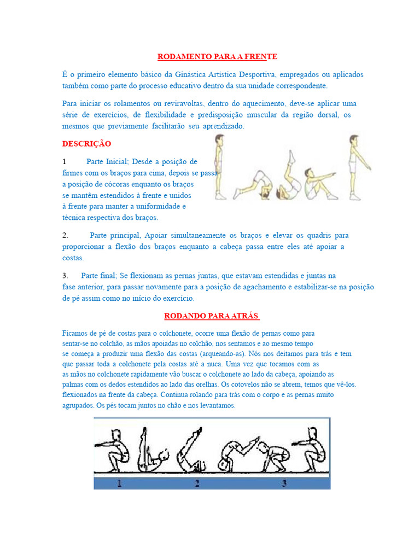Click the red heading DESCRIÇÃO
(x=86, y=144)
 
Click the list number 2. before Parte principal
(x=65, y=235)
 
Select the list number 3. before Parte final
(x=65, y=275)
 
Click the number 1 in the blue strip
(x=120, y=483)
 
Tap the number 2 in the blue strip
(x=197, y=483)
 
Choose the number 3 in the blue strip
(x=284, y=483)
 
